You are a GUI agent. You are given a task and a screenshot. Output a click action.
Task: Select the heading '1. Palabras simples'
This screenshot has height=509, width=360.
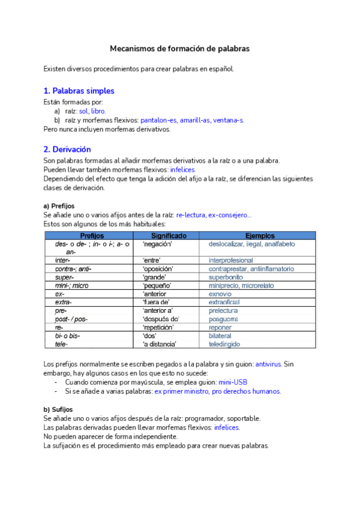point(79,91)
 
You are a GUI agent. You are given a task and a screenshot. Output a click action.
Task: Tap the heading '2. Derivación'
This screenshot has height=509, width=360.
point(67,149)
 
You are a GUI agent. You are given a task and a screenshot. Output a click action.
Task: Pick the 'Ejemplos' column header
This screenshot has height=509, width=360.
point(260,236)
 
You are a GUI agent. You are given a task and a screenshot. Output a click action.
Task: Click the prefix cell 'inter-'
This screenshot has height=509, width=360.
point(62,261)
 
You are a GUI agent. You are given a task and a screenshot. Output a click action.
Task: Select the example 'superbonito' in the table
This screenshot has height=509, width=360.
point(226,277)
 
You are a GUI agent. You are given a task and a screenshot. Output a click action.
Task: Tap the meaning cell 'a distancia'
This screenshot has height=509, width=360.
point(159,345)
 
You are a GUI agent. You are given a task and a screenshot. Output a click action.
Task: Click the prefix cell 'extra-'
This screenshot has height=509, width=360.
point(63,303)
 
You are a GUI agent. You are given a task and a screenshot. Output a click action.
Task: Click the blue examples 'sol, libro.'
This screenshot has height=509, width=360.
point(92,111)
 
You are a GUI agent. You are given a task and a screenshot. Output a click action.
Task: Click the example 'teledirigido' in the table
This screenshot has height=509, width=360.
point(224,345)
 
